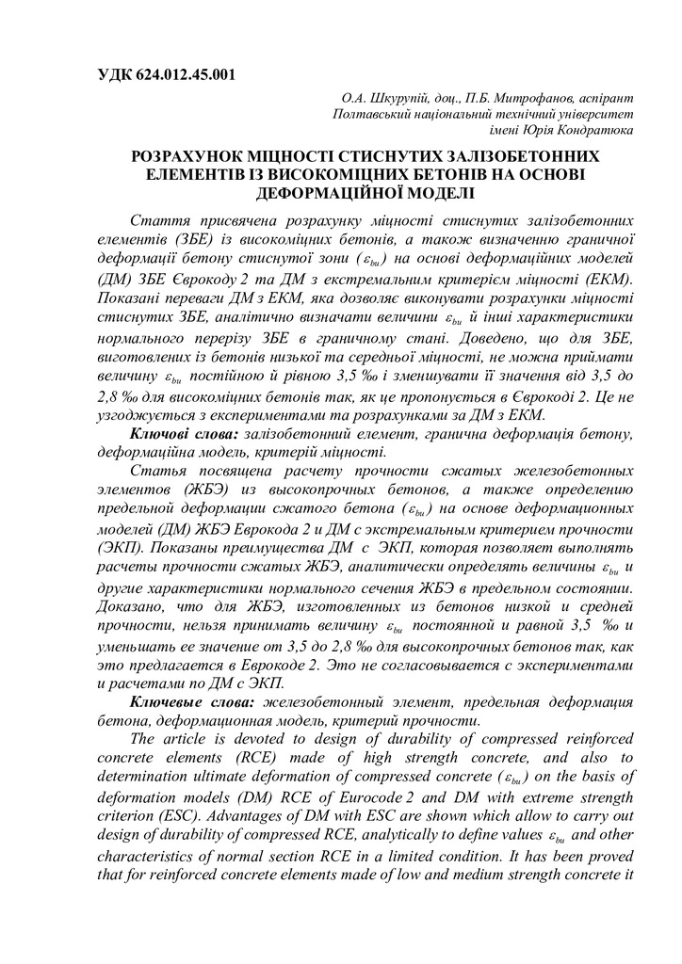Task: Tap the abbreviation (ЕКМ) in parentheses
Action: click(609, 280)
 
